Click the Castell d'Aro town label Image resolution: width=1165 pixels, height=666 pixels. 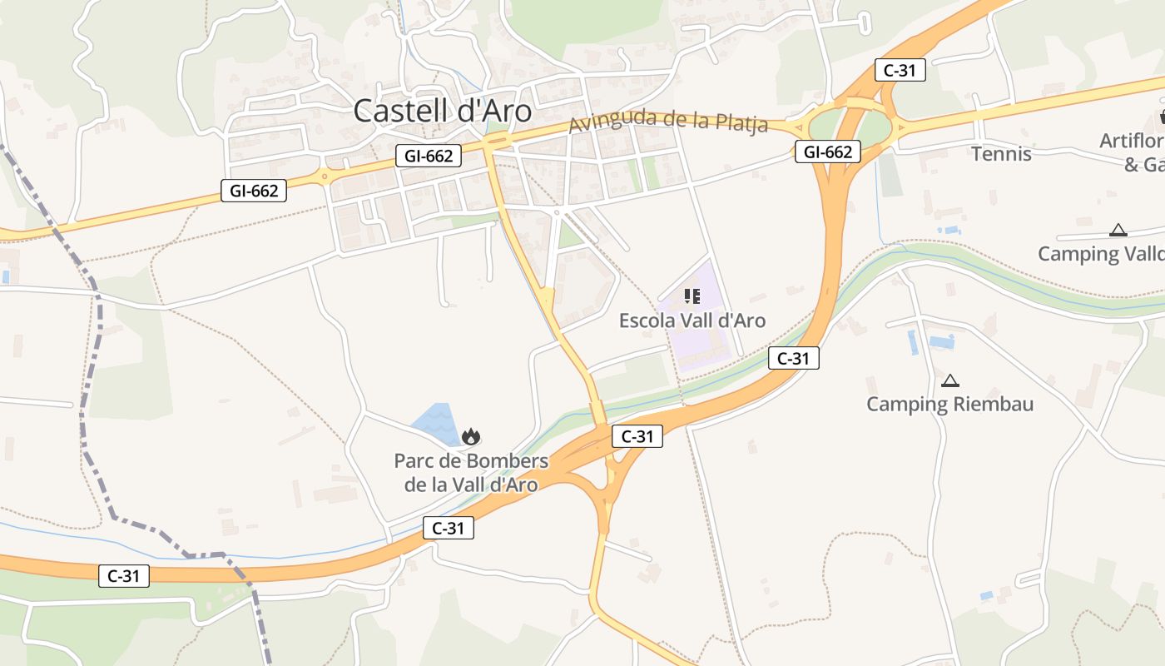point(442,111)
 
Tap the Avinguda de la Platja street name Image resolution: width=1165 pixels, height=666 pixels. point(669,122)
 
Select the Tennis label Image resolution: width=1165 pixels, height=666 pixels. point(1001,154)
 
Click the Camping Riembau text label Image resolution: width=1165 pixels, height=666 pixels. point(949,405)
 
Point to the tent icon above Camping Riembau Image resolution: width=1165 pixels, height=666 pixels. point(949,381)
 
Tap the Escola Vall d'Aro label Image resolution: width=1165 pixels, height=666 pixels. point(692,321)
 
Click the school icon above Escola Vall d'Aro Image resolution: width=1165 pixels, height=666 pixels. point(692,296)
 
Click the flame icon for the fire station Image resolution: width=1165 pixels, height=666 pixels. point(471,436)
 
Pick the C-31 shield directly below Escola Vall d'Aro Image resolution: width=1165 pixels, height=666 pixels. point(793,359)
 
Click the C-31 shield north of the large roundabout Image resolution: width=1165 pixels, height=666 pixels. point(900,71)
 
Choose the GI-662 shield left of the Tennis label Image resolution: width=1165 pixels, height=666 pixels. point(827,152)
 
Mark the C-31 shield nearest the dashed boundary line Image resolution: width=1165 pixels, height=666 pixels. point(124,575)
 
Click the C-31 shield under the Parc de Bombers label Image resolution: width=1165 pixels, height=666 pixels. point(448,528)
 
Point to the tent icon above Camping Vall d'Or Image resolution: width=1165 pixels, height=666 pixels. point(1118,231)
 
